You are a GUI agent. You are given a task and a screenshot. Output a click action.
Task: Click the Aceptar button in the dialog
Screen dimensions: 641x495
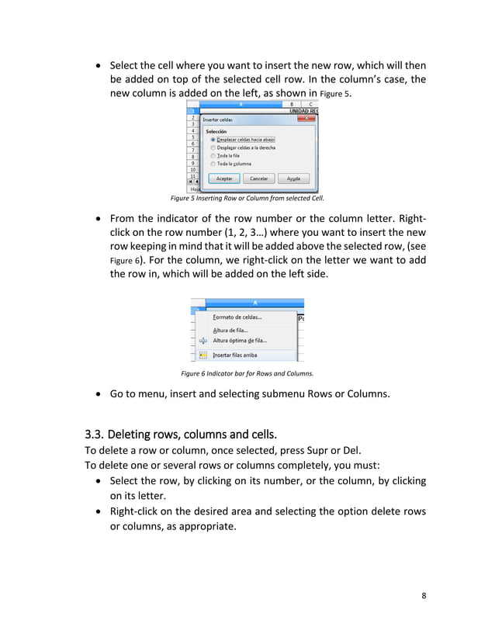click(223, 178)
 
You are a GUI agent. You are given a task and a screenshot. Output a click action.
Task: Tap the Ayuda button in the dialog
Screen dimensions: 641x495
click(293, 178)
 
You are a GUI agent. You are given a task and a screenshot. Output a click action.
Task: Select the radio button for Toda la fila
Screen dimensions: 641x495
click(213, 155)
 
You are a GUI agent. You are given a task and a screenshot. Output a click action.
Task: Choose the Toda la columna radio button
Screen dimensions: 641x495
click(213, 164)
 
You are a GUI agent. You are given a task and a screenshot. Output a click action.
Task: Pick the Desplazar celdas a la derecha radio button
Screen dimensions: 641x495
click(213, 147)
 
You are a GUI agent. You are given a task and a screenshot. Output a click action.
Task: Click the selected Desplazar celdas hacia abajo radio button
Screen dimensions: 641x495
click(213, 140)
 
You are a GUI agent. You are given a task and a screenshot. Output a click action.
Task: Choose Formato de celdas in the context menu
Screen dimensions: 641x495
click(237, 317)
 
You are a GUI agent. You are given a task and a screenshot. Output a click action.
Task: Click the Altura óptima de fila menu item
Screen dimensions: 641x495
click(240, 340)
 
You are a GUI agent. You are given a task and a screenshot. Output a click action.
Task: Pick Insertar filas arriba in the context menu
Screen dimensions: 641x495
click(235, 355)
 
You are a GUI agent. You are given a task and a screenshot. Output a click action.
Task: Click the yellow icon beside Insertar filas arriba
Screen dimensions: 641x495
click(202, 355)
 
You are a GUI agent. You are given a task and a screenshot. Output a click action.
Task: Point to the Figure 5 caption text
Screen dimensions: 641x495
click(247, 198)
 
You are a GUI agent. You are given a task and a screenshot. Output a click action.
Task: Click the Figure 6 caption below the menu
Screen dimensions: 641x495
click(247, 373)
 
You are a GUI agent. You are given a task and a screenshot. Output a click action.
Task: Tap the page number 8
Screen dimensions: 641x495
click(424, 595)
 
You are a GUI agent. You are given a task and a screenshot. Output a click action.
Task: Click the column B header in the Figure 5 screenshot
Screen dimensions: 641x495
click(291, 103)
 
